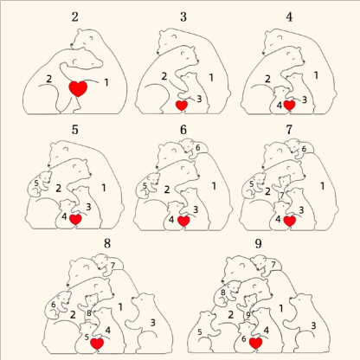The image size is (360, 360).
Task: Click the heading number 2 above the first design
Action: (75, 16)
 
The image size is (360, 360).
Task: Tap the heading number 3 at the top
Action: (183, 16)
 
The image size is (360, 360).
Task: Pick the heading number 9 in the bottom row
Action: (258, 242)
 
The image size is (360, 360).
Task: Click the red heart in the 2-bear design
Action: (78, 88)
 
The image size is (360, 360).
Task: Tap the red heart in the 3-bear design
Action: (182, 105)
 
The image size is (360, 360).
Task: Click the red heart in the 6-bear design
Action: (183, 220)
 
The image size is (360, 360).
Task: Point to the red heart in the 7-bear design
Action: (290, 220)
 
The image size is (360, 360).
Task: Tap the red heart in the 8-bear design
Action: (97, 343)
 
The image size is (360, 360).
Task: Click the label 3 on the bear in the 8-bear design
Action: (152, 322)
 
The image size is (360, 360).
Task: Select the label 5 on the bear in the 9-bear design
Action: (200, 331)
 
